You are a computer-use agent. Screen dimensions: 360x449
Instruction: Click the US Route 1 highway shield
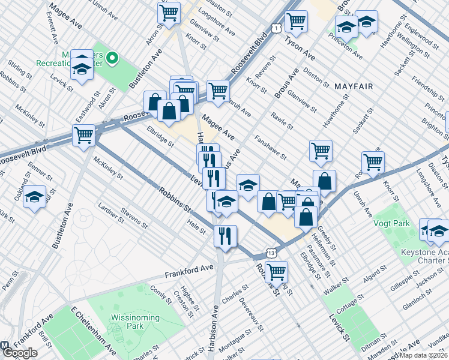(275, 28)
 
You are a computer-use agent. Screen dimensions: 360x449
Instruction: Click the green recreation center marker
(112, 59)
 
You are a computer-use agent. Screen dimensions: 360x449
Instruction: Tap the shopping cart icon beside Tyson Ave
(297, 21)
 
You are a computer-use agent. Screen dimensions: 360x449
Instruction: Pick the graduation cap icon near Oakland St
(35, 197)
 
